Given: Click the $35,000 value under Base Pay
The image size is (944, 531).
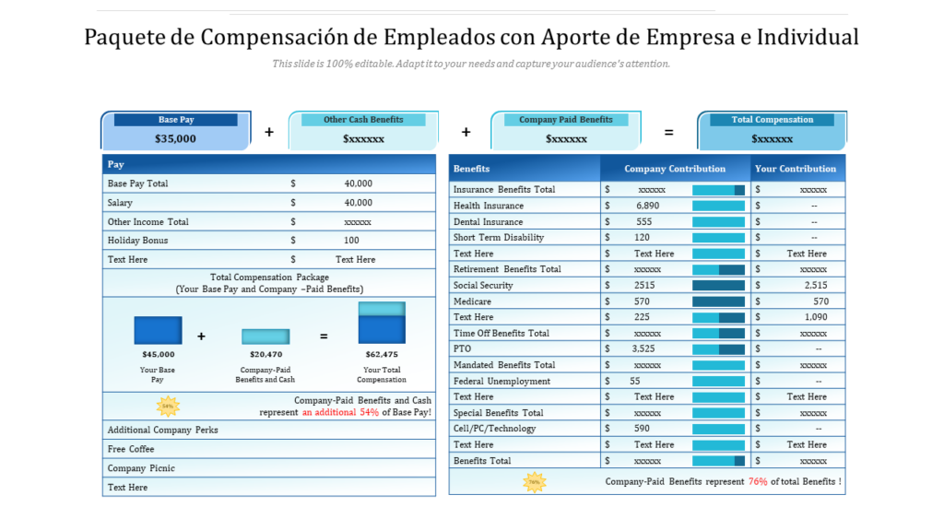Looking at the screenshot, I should click(175, 139).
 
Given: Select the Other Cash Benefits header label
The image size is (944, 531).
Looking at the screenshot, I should click(363, 120).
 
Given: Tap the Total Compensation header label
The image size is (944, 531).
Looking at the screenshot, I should click(773, 120).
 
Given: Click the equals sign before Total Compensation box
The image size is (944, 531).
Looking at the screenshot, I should click(668, 133).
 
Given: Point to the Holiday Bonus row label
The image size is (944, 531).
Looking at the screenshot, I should click(137, 241).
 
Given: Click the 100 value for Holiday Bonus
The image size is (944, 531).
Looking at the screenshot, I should click(352, 241).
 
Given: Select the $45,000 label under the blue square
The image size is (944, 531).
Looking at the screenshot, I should click(158, 354).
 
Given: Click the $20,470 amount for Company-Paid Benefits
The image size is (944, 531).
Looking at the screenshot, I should click(265, 354).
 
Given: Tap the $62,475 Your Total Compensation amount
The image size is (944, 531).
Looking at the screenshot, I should click(382, 354).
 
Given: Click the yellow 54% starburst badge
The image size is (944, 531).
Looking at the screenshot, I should click(168, 405).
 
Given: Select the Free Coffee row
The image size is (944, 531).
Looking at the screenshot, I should click(131, 449).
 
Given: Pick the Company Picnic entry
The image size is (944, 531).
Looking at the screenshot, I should click(141, 468).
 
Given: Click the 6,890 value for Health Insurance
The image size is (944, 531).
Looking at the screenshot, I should click(647, 206).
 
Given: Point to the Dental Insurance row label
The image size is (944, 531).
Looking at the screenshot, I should click(488, 222).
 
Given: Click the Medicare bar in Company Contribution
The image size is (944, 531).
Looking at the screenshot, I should click(718, 301).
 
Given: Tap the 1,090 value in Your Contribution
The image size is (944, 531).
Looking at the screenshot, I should click(816, 317).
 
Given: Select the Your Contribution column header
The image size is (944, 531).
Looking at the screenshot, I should click(796, 169).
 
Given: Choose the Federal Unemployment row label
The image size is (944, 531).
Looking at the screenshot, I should click(501, 381).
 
